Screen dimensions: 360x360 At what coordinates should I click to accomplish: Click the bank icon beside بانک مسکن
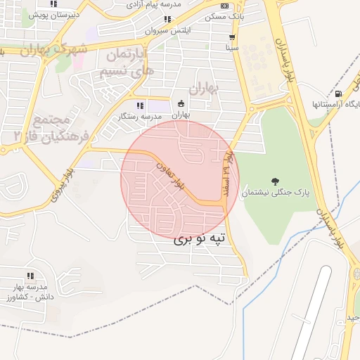[x=225, y=6]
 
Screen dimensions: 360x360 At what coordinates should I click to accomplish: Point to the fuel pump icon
[x=340, y=94]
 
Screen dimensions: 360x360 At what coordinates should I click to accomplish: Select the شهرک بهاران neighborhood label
[x=53, y=51]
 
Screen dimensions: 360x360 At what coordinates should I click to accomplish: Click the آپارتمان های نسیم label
[x=124, y=63]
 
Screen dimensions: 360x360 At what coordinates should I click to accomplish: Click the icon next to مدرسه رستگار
[x=140, y=105]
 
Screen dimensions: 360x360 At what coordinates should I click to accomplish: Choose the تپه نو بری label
[x=200, y=239]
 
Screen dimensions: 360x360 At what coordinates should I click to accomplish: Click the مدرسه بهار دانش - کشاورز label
[x=30, y=292]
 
